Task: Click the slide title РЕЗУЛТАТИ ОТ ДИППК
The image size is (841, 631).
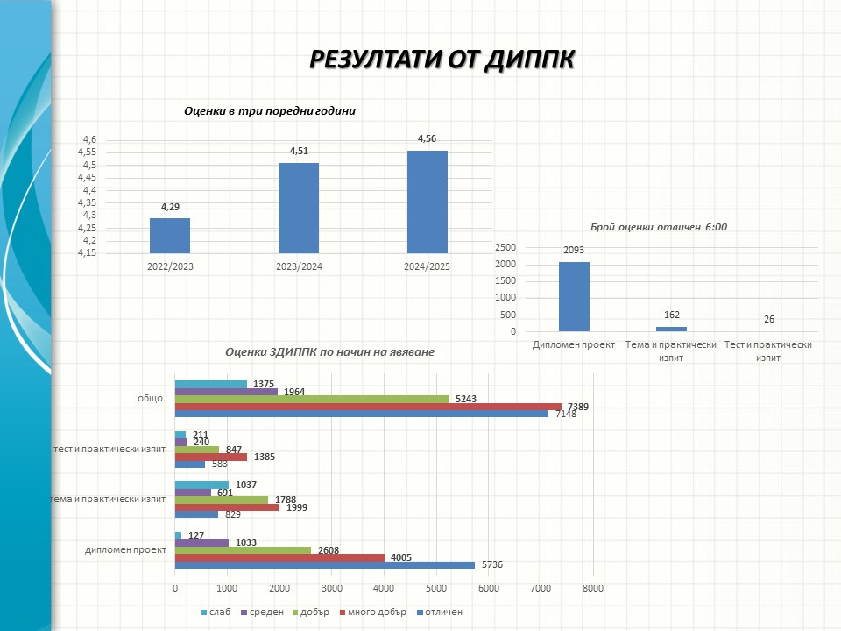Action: (442, 59)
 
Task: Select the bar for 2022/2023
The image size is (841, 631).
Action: (170, 235)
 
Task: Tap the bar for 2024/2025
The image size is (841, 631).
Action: (427, 202)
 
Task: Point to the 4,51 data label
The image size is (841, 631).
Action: (299, 151)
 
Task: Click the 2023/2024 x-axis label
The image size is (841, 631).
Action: (299, 266)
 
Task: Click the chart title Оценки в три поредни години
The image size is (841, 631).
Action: (270, 111)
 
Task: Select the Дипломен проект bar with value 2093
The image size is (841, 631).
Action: (574, 296)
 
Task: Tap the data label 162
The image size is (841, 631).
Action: (672, 315)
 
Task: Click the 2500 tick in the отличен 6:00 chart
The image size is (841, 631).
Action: (505, 247)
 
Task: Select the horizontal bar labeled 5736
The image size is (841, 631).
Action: (324, 565)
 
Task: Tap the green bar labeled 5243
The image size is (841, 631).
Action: (312, 399)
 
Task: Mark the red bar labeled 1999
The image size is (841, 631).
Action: (227, 507)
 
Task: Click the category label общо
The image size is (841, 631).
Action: (151, 398)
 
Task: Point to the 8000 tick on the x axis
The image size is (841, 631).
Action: (592, 587)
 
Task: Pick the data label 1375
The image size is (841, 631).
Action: (265, 384)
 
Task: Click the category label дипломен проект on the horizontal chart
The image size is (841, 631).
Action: (126, 549)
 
